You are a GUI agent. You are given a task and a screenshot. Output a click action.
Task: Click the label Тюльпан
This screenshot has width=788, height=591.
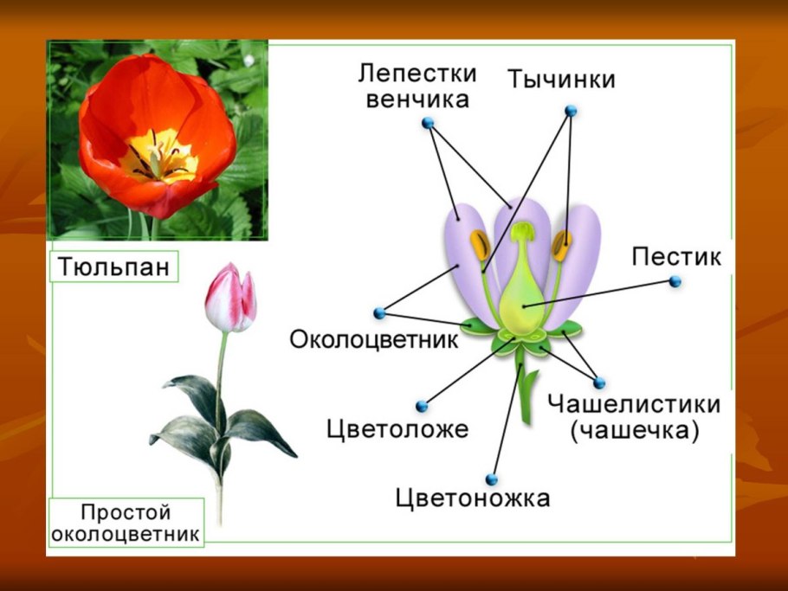pyautogui.click(x=113, y=266)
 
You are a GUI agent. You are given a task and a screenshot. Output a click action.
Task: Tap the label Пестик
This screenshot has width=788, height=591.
pyautogui.click(x=676, y=257)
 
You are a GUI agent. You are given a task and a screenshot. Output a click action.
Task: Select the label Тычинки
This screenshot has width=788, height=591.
pyautogui.click(x=560, y=79)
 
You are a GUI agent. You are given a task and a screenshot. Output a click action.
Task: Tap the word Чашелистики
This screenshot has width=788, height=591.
pyautogui.click(x=634, y=404)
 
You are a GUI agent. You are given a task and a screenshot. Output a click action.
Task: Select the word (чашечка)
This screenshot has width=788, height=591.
pyautogui.click(x=634, y=431)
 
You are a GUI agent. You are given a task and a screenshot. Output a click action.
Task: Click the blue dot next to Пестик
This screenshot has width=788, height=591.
pyautogui.click(x=675, y=281)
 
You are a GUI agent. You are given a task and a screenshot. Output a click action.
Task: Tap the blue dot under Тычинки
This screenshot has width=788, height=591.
pyautogui.click(x=571, y=111)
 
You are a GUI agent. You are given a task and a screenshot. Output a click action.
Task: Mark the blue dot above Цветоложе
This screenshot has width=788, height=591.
pyautogui.click(x=422, y=406)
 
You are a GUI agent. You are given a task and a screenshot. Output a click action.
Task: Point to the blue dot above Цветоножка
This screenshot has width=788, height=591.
pyautogui.click(x=492, y=479)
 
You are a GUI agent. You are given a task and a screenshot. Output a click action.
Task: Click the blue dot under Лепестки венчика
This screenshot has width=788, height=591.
pyautogui.click(x=428, y=123)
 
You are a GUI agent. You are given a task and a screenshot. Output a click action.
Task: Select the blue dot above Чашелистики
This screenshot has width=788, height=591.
pyautogui.click(x=598, y=382)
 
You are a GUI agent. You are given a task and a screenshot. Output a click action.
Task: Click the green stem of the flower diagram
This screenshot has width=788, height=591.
pyautogui.click(x=526, y=394)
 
